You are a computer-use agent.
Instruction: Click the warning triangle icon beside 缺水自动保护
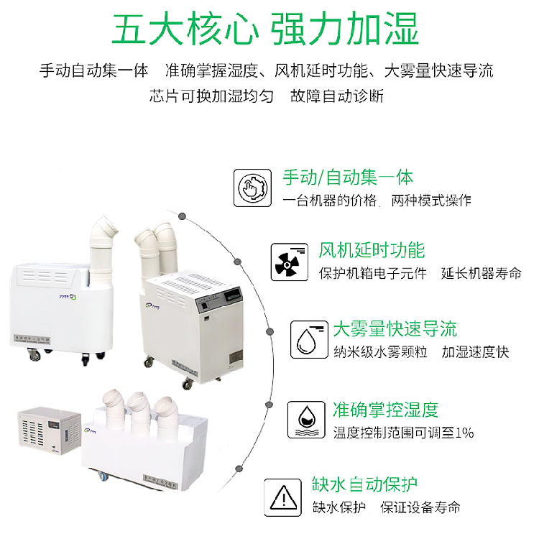283,496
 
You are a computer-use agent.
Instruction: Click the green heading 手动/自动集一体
348,178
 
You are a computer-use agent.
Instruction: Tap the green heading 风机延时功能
372,250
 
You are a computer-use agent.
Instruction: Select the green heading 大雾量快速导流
395,330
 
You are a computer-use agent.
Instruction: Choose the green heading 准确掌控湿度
385,410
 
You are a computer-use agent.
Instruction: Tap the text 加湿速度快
475,352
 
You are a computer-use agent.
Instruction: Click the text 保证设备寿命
420,507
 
